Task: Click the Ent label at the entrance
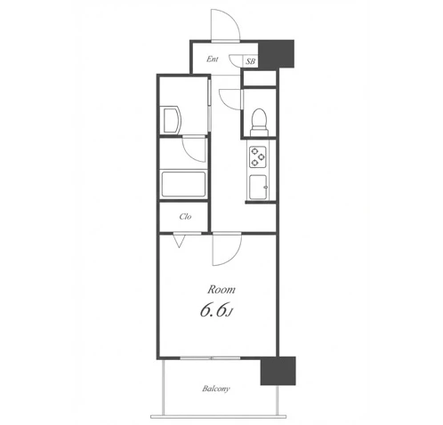tap(213, 60)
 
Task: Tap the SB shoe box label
tap(250, 61)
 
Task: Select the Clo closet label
tap(185, 217)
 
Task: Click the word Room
tap(221, 290)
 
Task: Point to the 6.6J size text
tap(216, 310)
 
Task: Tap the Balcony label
tap(216, 389)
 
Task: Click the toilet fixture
tap(259, 122)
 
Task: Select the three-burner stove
tap(258, 157)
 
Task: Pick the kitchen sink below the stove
tap(258, 187)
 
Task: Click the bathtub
tap(183, 184)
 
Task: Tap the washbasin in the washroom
tap(170, 120)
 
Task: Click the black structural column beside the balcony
tap(278, 371)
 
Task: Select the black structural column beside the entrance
tap(277, 53)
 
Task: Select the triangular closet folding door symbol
tap(179, 241)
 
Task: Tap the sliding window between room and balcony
tap(211, 358)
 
